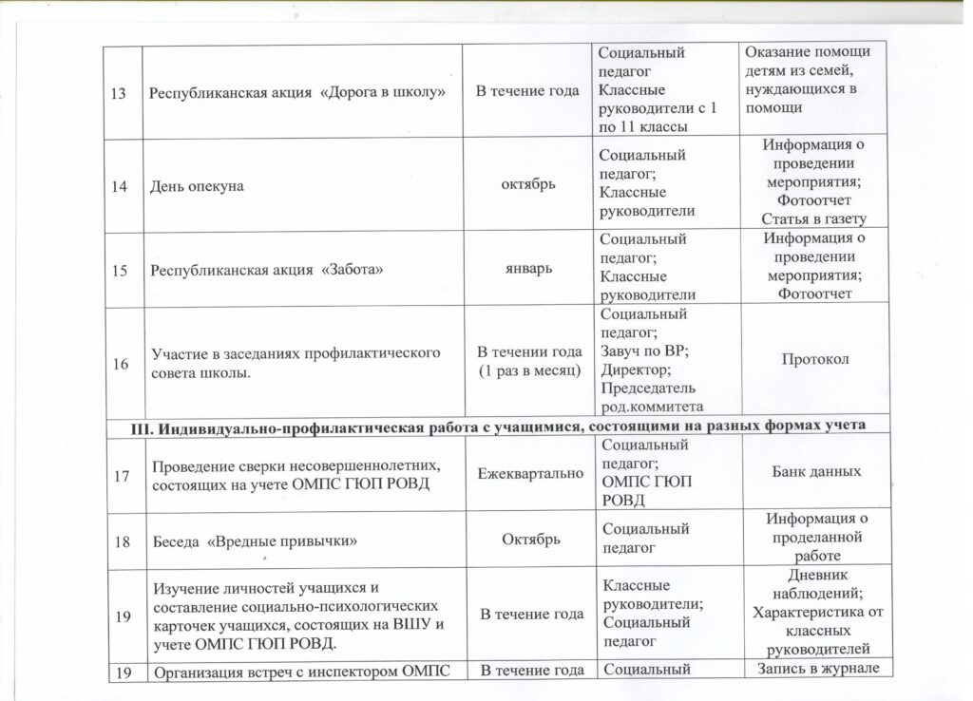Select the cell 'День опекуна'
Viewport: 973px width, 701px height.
(x=194, y=186)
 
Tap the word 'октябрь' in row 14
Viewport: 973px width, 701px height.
(x=526, y=185)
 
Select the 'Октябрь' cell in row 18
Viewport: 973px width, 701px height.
(x=526, y=540)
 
